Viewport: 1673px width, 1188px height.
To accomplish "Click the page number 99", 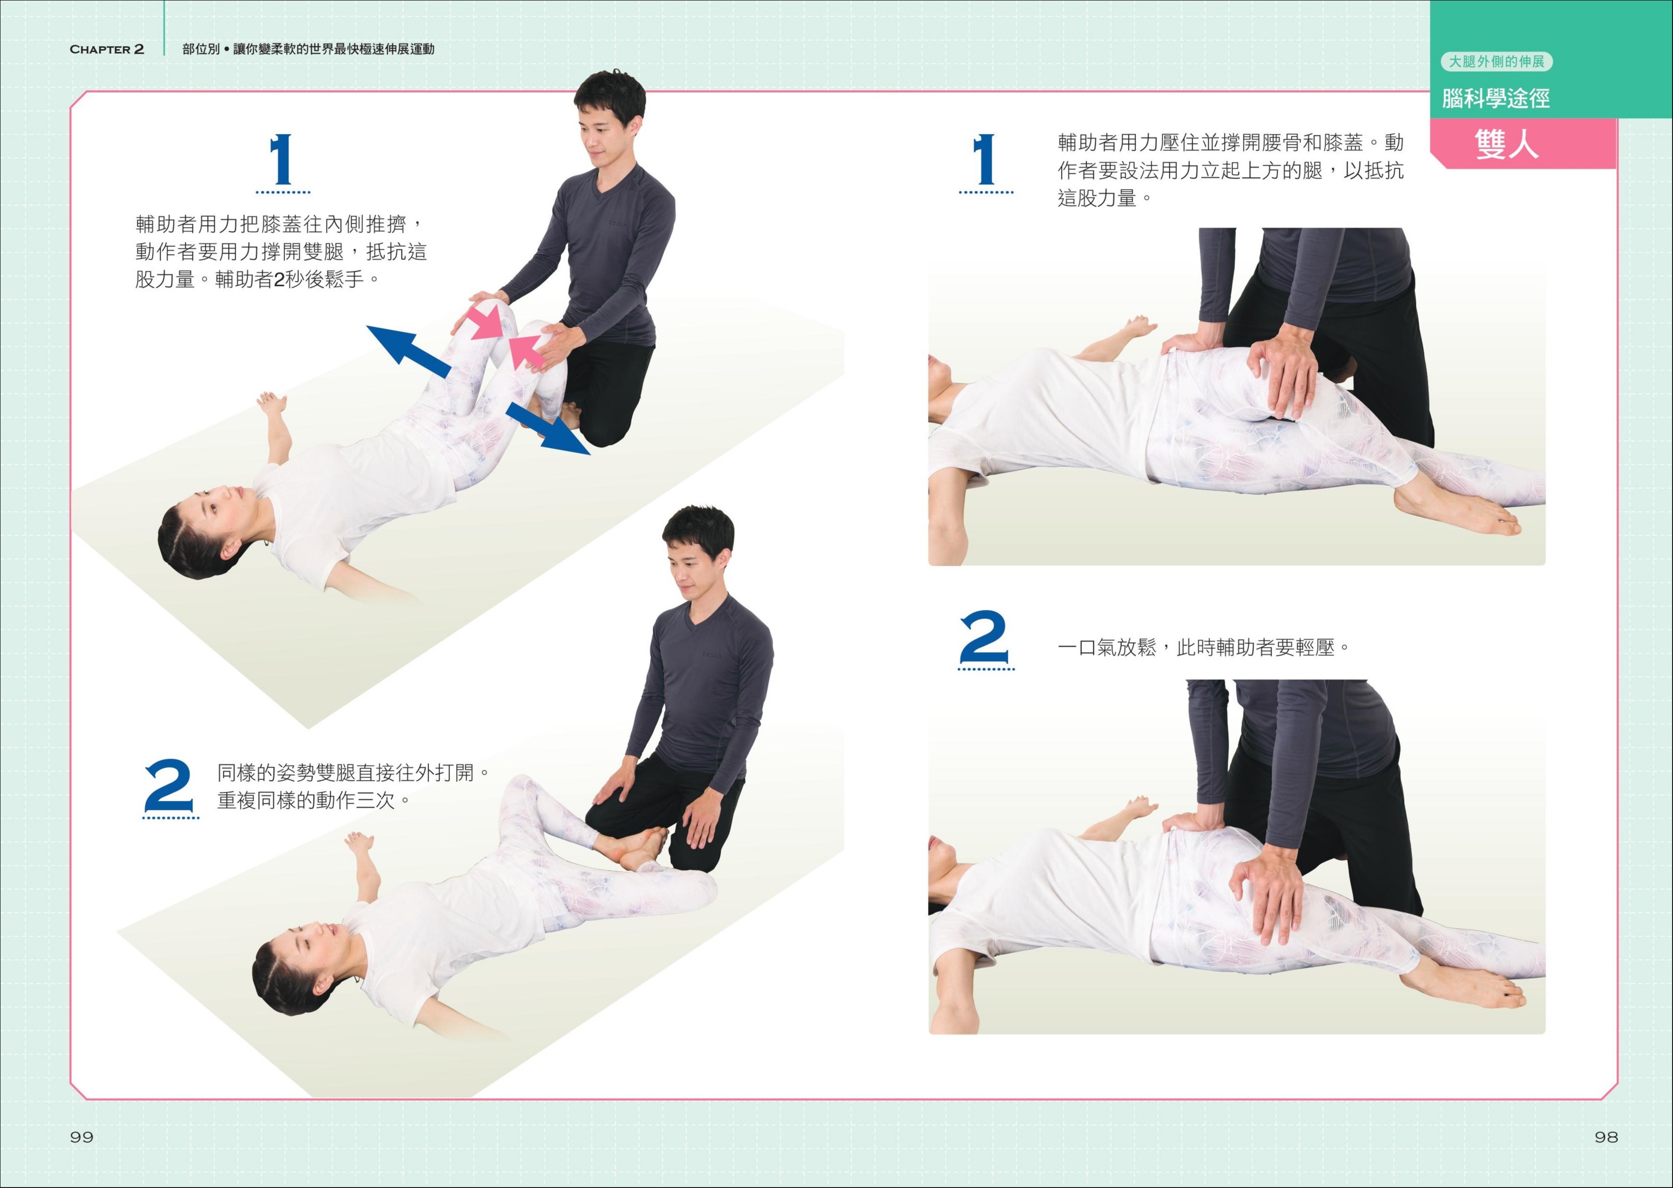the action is [x=81, y=1137].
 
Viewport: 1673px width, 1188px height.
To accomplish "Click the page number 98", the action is [x=1606, y=1137].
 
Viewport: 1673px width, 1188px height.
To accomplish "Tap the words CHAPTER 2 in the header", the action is [x=107, y=49].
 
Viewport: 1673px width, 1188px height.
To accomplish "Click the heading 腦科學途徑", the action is [x=1496, y=98].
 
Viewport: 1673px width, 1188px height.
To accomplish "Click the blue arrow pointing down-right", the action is [x=547, y=428].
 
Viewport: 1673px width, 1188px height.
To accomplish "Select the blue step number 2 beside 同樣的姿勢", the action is [x=169, y=787].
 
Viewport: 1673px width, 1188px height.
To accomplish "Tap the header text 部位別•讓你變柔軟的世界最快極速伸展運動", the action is [x=309, y=49].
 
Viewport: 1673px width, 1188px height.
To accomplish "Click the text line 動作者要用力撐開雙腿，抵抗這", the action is [x=281, y=252].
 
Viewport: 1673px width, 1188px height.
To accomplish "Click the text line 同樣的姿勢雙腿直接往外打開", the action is [x=354, y=772].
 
